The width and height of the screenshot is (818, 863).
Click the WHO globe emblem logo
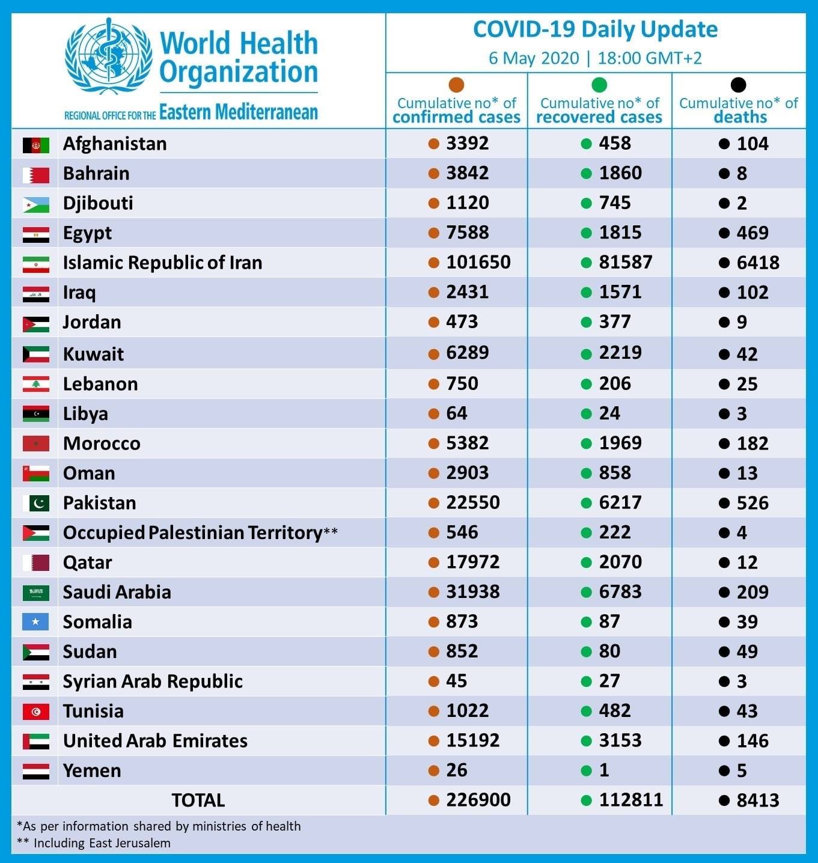108,56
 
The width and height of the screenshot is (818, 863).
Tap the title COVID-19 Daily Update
596,30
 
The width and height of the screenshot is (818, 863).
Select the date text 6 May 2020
534,58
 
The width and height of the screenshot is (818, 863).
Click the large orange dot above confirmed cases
456,85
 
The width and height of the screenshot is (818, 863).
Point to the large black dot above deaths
738,85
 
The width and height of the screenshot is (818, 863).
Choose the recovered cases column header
599,110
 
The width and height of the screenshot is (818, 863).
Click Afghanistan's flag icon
36,145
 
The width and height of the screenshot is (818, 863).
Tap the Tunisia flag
36,712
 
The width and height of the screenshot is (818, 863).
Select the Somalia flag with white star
35,622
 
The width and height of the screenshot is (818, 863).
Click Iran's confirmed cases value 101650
478,263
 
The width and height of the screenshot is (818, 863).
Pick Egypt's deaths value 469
752,233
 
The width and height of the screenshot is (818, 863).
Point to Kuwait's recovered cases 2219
620,353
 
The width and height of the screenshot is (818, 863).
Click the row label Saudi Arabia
117,592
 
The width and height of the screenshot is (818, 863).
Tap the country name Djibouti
98,204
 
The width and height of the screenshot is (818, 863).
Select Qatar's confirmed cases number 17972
473,563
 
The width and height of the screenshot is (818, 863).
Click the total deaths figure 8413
758,800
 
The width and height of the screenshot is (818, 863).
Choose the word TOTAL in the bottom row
198,800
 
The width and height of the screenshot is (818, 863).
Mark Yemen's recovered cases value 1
604,770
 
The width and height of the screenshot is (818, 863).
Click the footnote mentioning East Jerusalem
94,843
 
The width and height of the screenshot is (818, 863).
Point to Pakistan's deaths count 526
752,503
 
